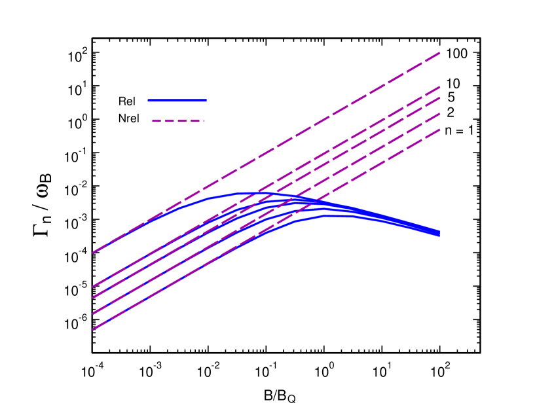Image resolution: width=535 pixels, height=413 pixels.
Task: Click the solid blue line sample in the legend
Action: (x=177, y=100)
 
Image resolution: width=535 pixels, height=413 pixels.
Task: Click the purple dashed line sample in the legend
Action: (x=177, y=120)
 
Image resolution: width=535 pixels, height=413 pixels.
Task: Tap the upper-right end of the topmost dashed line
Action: (x=439, y=53)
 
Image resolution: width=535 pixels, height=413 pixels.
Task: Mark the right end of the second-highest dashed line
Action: (x=439, y=87)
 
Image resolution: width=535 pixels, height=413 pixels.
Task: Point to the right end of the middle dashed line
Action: (x=439, y=98)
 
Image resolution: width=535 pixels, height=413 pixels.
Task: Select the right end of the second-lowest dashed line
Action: (x=439, y=114)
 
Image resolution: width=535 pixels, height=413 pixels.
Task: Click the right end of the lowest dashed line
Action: (x=439, y=130)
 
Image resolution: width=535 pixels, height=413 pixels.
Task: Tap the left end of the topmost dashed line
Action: (x=93, y=252)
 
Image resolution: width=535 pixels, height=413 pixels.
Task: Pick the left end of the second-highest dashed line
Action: (x=93, y=287)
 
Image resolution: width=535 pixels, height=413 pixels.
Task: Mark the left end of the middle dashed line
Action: (x=93, y=297)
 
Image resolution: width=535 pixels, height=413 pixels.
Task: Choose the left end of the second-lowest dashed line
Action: (x=93, y=314)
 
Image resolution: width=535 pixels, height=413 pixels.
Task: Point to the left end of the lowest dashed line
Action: (x=93, y=329)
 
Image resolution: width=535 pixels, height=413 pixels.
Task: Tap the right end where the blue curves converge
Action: (x=439, y=233)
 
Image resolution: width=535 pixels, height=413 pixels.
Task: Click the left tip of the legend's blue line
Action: (x=149, y=100)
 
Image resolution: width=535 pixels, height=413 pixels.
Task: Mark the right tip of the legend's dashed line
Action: (x=204, y=120)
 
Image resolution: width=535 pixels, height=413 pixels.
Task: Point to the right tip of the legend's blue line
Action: (x=206, y=100)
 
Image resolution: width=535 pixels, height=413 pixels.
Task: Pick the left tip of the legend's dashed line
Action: (x=152, y=120)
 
